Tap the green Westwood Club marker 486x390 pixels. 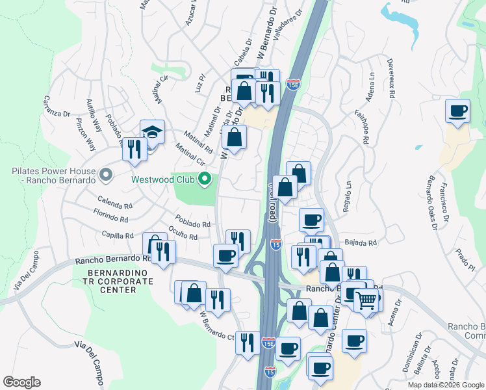205,179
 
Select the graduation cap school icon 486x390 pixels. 152,132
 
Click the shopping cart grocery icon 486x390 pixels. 366,300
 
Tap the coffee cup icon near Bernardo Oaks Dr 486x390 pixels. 458,110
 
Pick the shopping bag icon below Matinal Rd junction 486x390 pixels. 235,137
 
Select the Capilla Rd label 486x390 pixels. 117,235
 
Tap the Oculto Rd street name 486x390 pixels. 182,234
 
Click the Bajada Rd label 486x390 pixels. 361,242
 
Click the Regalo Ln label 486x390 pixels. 346,195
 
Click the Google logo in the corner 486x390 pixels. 21,382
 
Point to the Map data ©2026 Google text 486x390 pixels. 445,385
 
